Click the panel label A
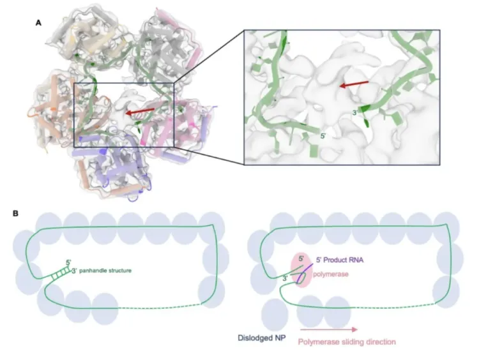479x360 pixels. pyautogui.click(x=38, y=22)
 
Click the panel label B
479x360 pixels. pyautogui.click(x=15, y=213)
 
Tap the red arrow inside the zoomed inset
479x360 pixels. pyautogui.click(x=354, y=84)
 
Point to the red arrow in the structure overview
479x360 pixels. pyautogui.click(x=141, y=112)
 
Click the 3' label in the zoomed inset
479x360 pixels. pyautogui.click(x=355, y=113)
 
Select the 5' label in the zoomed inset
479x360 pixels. pyautogui.click(x=323, y=136)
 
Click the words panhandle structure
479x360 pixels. pyautogui.click(x=105, y=271)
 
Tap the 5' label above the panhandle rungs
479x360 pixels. pyautogui.click(x=68, y=262)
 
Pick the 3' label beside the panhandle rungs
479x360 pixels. pyautogui.click(x=74, y=271)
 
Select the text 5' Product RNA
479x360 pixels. pyautogui.click(x=340, y=260)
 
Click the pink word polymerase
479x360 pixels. pyautogui.click(x=331, y=274)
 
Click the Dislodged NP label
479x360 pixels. pyautogui.click(x=262, y=338)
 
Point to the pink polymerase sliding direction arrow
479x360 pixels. pyautogui.click(x=329, y=329)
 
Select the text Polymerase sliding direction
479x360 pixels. pyautogui.click(x=347, y=341)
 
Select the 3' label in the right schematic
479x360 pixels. pyautogui.click(x=285, y=278)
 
